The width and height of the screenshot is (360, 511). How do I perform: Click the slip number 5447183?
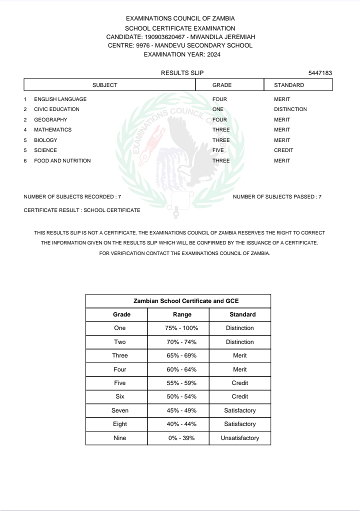pyautogui.click(x=320, y=73)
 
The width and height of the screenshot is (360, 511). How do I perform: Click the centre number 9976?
pyautogui.click(x=144, y=45)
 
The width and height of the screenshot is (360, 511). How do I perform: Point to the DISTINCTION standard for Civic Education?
pyautogui.click(x=290, y=109)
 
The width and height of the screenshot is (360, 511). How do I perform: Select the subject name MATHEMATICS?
pyautogui.click(x=52, y=129)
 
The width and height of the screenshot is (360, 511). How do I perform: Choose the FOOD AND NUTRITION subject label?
pyautogui.click(x=62, y=160)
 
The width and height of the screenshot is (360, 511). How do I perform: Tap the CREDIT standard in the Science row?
pyautogui.click(x=283, y=150)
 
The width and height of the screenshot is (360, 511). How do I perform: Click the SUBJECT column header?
pyautogui.click(x=105, y=85)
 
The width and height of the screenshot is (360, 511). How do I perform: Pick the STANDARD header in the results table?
pyautogui.click(x=289, y=85)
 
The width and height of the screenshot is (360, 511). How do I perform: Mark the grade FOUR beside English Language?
pyautogui.click(x=219, y=99)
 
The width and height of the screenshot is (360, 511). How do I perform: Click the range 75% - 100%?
pyautogui.click(x=182, y=328)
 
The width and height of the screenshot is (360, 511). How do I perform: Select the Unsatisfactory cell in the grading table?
pyautogui.click(x=240, y=437)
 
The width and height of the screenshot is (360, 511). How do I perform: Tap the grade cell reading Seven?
pyautogui.click(x=120, y=410)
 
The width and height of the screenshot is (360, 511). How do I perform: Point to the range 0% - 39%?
pyautogui.click(x=182, y=437)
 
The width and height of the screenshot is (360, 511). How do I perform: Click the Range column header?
pyautogui.click(x=182, y=314)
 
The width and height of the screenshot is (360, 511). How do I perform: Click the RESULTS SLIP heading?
pyautogui.click(x=182, y=73)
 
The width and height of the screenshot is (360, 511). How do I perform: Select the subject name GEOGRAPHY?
pyautogui.click(x=50, y=119)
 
